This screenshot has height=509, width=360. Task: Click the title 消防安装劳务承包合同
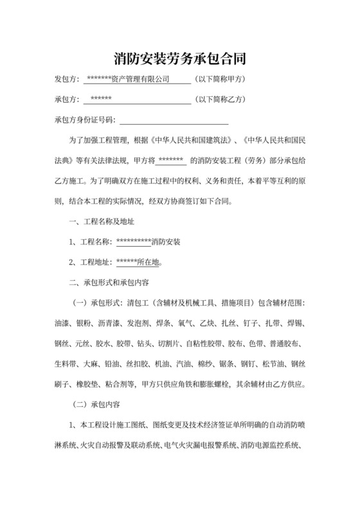tap(179, 59)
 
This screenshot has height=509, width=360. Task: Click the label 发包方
tap(66, 80)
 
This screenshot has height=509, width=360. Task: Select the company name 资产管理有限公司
tap(139, 80)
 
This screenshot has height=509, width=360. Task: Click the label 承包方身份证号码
tap(85, 120)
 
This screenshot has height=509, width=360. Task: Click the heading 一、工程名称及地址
tap(102, 222)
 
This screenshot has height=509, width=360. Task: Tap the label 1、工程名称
tap(90, 242)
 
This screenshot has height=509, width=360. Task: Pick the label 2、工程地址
tap(90, 262)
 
